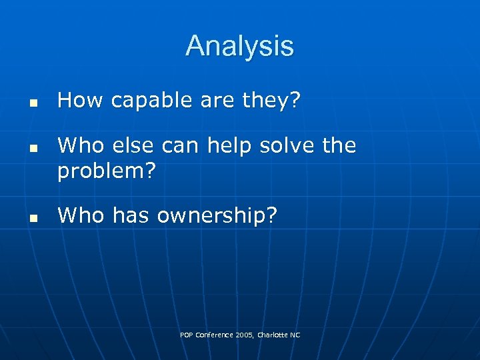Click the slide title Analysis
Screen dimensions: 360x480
click(239, 46)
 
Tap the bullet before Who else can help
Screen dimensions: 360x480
click(31, 149)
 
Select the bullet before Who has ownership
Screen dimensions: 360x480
click(31, 218)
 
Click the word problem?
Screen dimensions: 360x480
click(107, 171)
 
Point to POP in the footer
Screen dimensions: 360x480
click(186, 335)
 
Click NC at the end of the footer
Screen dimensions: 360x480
click(295, 335)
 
